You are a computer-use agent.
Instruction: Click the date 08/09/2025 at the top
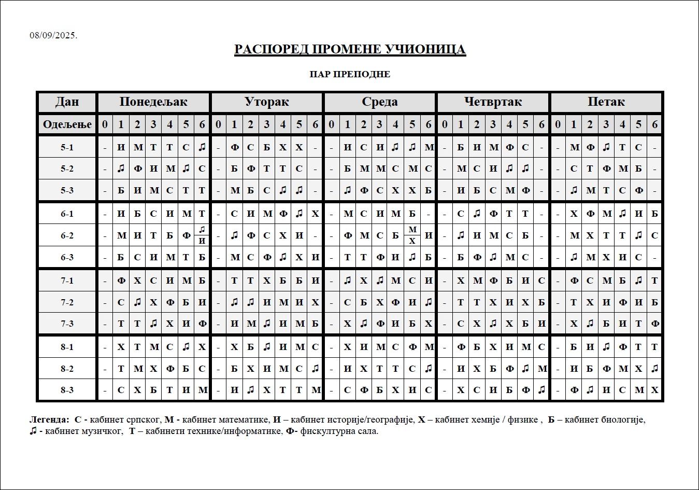53,35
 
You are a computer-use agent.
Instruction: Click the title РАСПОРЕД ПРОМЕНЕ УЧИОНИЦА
350,49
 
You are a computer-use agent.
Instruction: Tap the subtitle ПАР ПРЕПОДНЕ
350,74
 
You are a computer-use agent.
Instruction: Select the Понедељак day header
153,102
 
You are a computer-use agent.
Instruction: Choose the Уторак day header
266,102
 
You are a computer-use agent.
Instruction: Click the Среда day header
380,102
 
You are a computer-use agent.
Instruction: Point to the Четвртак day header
493,102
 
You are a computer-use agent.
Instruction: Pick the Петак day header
606,102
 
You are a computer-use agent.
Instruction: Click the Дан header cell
67,102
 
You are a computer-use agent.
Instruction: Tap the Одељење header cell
67,124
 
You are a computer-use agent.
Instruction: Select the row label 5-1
67,147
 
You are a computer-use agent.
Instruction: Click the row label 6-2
67,235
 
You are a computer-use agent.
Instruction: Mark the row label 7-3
67,324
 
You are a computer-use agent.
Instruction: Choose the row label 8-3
67,390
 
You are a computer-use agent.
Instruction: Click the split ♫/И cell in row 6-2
202,235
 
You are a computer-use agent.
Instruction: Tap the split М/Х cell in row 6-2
412,235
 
